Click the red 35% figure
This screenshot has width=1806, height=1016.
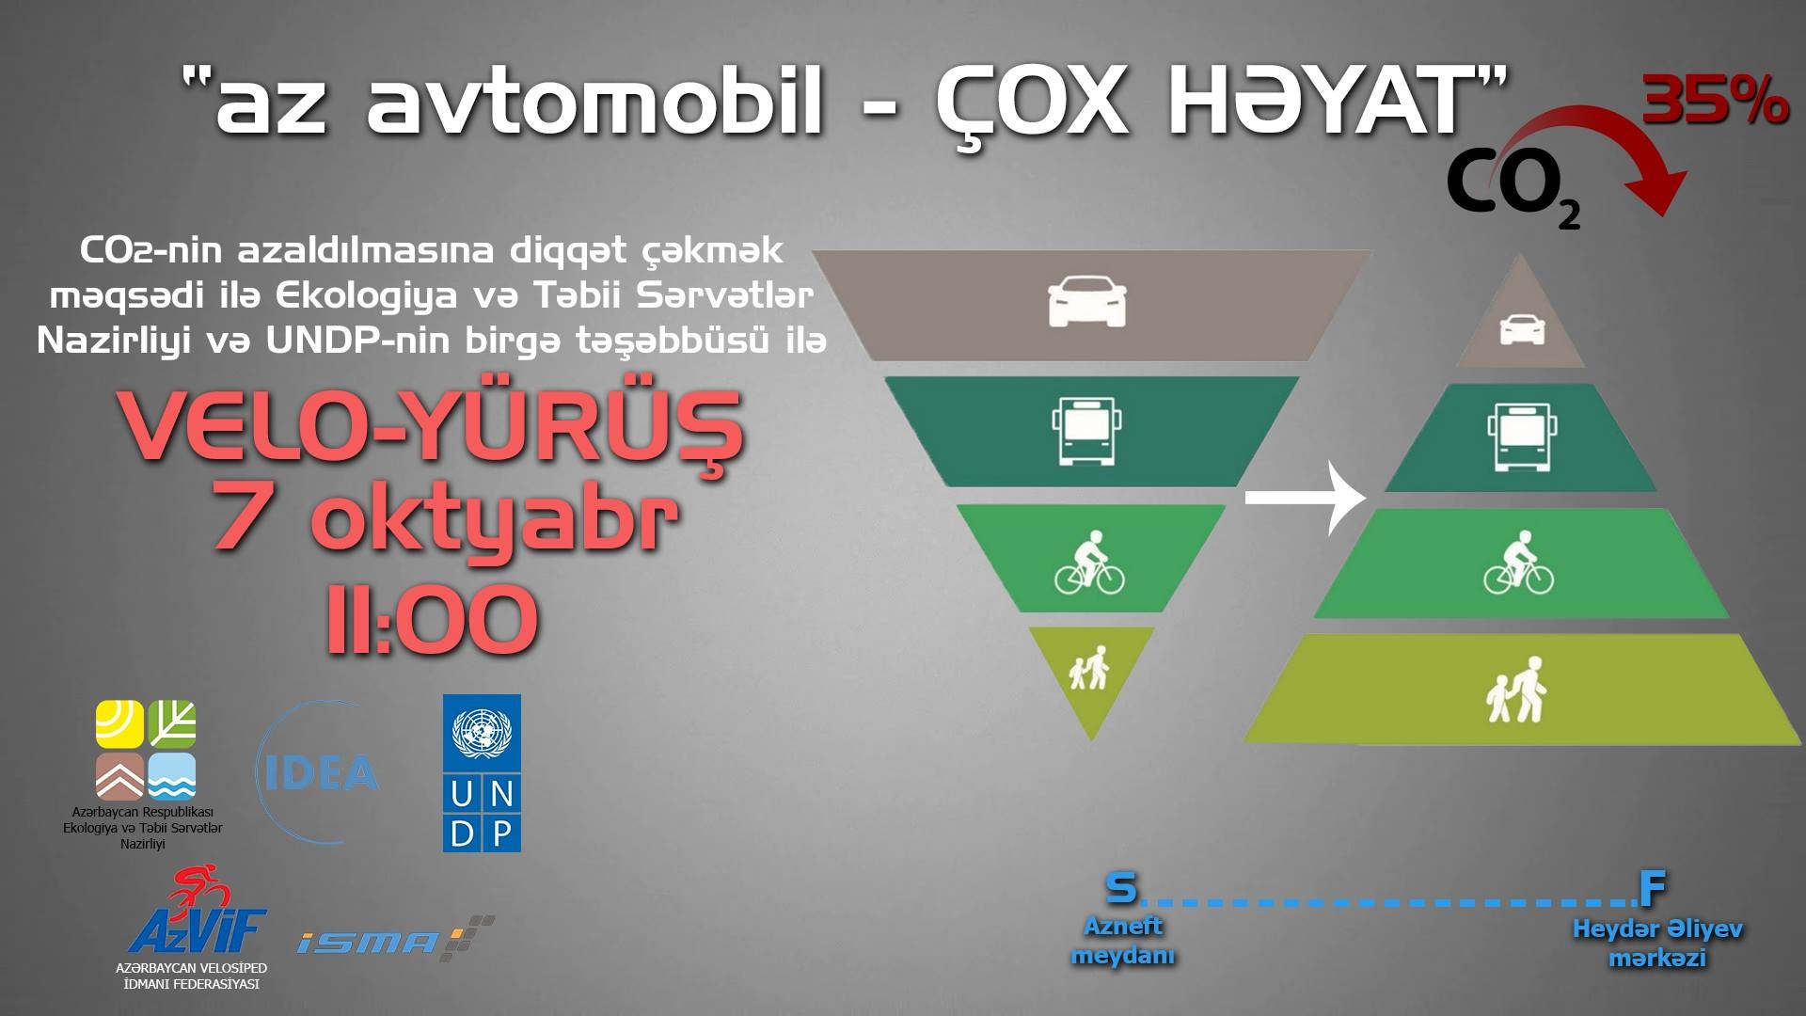[x=1715, y=102]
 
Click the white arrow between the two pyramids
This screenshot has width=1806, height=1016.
[x=1306, y=497]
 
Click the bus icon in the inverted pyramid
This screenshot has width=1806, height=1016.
[x=1087, y=431]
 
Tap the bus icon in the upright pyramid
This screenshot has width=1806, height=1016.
[x=1523, y=436]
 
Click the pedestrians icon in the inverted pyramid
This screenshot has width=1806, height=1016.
[x=1089, y=667]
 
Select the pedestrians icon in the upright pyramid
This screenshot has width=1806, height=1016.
[x=1516, y=690]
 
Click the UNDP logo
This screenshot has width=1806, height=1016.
[x=482, y=773]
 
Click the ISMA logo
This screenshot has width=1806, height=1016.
[x=395, y=938]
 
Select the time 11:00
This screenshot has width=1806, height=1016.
[x=433, y=620]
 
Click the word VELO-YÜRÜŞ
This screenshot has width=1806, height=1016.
[x=432, y=428]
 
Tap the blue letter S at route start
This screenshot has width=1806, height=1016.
[x=1120, y=886]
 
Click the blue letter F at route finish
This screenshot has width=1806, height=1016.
[x=1653, y=886]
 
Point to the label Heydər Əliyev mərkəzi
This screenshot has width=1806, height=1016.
[x=1657, y=944]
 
